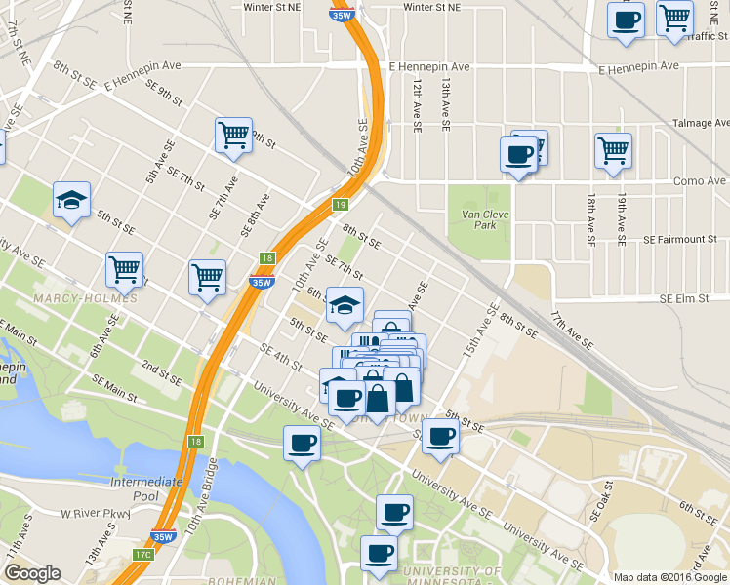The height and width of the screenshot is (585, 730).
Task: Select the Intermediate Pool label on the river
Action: (147, 488)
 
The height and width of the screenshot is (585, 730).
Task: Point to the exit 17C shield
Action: (143, 555)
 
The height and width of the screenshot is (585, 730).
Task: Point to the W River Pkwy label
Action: (95, 513)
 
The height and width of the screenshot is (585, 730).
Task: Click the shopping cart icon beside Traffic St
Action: (674, 18)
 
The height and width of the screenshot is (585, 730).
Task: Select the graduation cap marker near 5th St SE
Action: (72, 201)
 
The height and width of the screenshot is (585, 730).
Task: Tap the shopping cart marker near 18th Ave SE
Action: (613, 151)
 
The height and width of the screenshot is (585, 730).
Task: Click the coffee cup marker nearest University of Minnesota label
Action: (380, 553)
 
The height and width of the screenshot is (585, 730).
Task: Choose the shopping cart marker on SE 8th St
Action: (233, 136)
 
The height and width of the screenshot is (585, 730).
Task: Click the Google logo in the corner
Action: (32, 573)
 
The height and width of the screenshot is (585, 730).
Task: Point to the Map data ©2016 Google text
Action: (669, 576)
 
